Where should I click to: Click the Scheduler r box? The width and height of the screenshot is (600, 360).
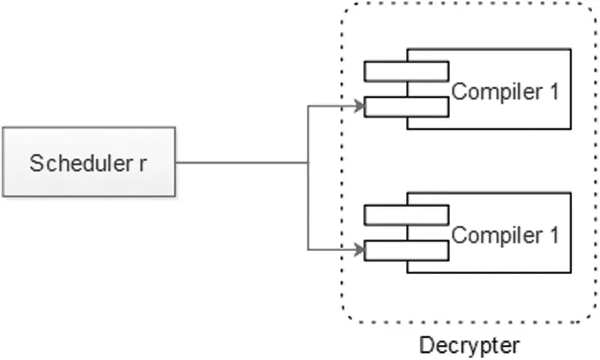tap(88, 163)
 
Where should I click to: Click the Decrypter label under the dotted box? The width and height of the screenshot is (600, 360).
tap(469, 346)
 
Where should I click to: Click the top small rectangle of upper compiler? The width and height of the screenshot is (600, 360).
tap(406, 71)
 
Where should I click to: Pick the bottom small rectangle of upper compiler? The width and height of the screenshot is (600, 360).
tap(406, 106)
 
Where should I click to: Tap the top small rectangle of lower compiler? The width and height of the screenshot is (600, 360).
tap(406, 214)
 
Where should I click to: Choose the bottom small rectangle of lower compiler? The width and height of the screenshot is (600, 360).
tap(406, 249)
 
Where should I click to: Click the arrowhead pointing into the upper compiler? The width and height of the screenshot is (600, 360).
tap(359, 105)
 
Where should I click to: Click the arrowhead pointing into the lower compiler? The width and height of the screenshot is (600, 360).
tap(359, 250)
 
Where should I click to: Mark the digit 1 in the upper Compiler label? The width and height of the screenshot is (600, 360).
tap(554, 91)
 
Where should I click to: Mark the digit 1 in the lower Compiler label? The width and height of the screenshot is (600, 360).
tap(554, 235)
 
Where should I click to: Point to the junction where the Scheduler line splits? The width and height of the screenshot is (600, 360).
tap(308, 164)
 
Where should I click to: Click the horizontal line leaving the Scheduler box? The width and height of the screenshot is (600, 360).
tap(238, 164)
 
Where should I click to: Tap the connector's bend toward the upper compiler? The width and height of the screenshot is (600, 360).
tap(308, 105)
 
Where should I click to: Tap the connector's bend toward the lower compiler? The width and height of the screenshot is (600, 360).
tap(308, 250)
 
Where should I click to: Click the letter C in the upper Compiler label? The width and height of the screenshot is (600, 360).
tap(459, 91)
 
